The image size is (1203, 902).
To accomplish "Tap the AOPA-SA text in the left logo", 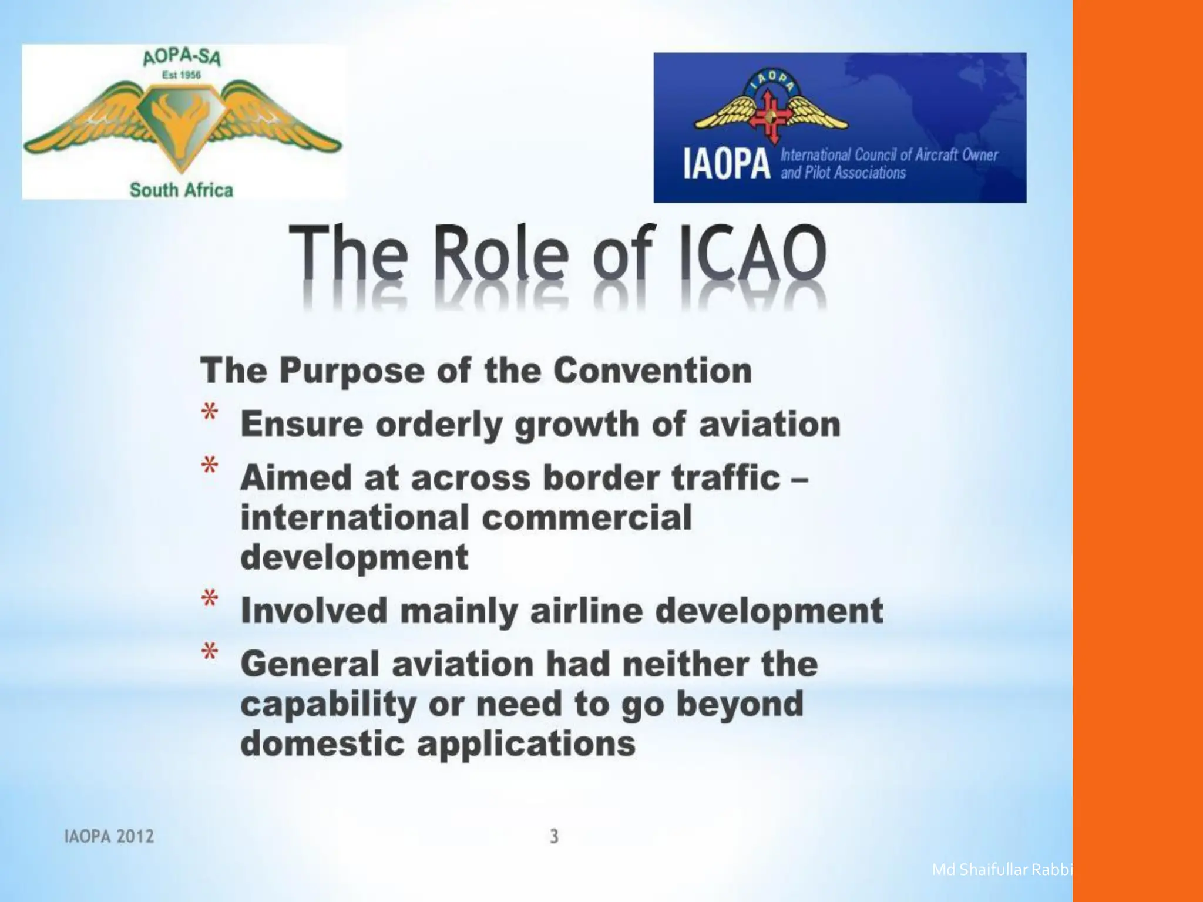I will coord(182,58).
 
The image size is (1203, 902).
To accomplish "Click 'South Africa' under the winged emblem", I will coord(181,190).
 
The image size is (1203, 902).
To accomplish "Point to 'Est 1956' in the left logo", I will coord(182,75).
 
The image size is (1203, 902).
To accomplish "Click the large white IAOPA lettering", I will coord(727,164).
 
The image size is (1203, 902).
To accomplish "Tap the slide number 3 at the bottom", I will coord(554,836).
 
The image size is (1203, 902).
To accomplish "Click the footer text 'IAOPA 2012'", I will coord(109,836).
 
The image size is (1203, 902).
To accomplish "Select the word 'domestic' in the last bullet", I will coord(322,743).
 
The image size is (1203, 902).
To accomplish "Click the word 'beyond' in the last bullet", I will coord(740,704).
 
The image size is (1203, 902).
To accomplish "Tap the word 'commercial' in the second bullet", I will coord(587,517).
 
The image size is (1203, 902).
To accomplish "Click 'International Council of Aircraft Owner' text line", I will coord(889,155).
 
